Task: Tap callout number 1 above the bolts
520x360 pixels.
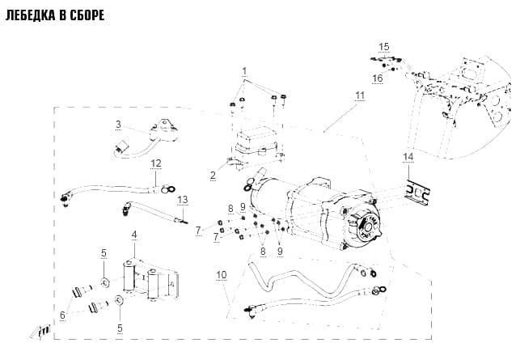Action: point(244,71)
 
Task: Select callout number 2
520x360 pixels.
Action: point(213,176)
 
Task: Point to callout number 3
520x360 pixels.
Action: point(118,125)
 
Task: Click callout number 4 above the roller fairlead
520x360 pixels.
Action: point(134,235)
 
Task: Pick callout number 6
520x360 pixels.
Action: point(63,315)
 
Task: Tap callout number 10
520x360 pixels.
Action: point(222,275)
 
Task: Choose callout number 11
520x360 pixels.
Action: point(360,95)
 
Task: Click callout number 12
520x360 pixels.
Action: point(156,163)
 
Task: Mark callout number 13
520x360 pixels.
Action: point(183,200)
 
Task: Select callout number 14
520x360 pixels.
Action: point(408,157)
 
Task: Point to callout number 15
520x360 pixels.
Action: point(383,47)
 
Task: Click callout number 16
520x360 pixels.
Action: point(378,78)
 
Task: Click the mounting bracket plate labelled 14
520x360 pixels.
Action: point(416,193)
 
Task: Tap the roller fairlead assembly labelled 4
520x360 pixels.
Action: point(151,280)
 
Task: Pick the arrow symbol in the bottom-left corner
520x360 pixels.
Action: point(40,332)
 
